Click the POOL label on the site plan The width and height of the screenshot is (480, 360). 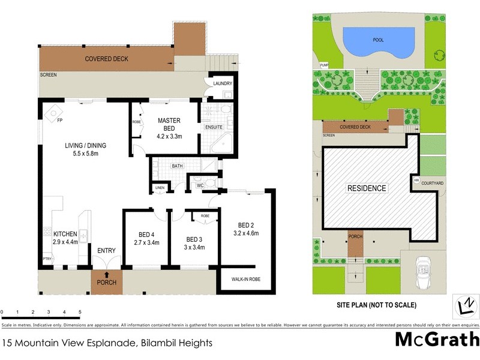(x=379, y=40)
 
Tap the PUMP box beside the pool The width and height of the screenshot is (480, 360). (x=325, y=65)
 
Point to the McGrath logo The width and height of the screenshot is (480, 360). (x=436, y=339)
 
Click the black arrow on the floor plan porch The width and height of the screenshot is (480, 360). (x=106, y=275)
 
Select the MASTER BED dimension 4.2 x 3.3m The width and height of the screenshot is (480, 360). (x=169, y=136)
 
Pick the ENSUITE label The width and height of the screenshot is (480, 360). (x=214, y=127)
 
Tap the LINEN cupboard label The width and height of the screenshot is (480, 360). (x=159, y=188)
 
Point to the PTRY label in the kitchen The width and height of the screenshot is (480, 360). (x=46, y=259)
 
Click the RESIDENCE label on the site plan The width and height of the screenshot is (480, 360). (x=367, y=188)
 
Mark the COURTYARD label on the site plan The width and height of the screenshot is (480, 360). (x=432, y=183)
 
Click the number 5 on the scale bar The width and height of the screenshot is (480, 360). (x=80, y=313)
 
